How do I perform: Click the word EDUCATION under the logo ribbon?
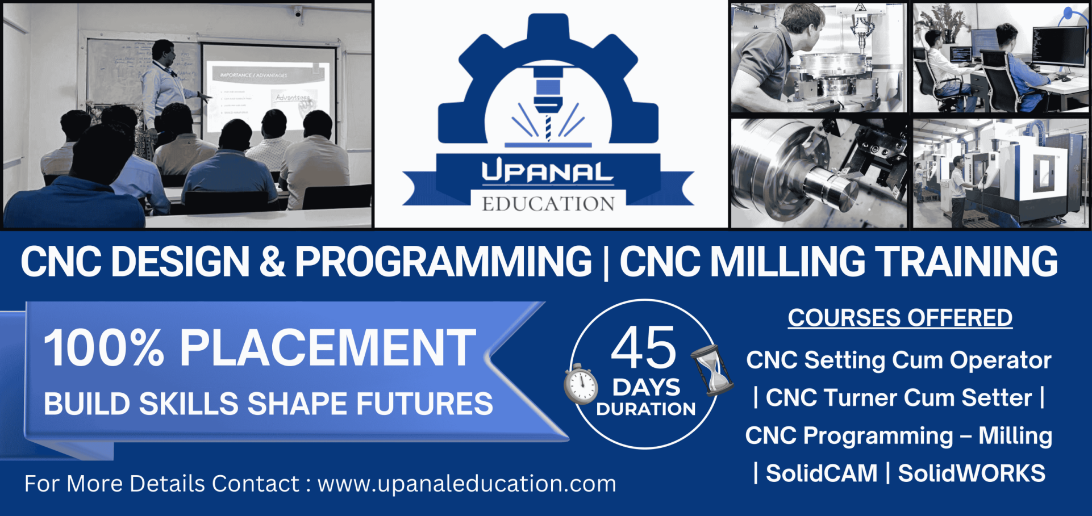548,204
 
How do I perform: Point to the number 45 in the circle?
644,347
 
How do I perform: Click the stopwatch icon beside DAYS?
581,384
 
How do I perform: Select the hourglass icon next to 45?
711,370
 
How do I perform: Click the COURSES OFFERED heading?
900,318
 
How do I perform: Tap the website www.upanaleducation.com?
467,484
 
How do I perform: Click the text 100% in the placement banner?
105,348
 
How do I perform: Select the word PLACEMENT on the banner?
328,348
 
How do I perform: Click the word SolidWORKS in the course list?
972,473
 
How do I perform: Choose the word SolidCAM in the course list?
822,473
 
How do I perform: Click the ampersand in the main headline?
272,262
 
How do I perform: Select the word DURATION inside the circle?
646,409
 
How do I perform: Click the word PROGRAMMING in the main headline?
443,262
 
